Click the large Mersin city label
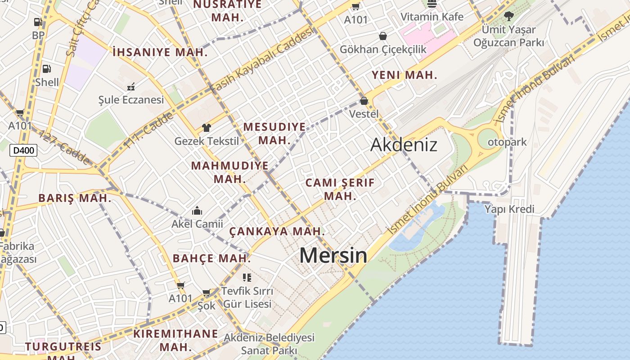333,255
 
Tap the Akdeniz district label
404,144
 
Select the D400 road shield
23,150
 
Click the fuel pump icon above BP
38,22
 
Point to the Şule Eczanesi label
131,99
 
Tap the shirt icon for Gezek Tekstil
207,128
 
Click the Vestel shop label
364,113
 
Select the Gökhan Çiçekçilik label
382,49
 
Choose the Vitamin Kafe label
432,17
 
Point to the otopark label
507,142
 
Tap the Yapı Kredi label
509,209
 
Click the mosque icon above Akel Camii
197,211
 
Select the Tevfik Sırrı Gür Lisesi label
247,297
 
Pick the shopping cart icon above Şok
207,293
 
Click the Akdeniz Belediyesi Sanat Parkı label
269,343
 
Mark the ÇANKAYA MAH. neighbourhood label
277,231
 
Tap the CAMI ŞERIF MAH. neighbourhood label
340,189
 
